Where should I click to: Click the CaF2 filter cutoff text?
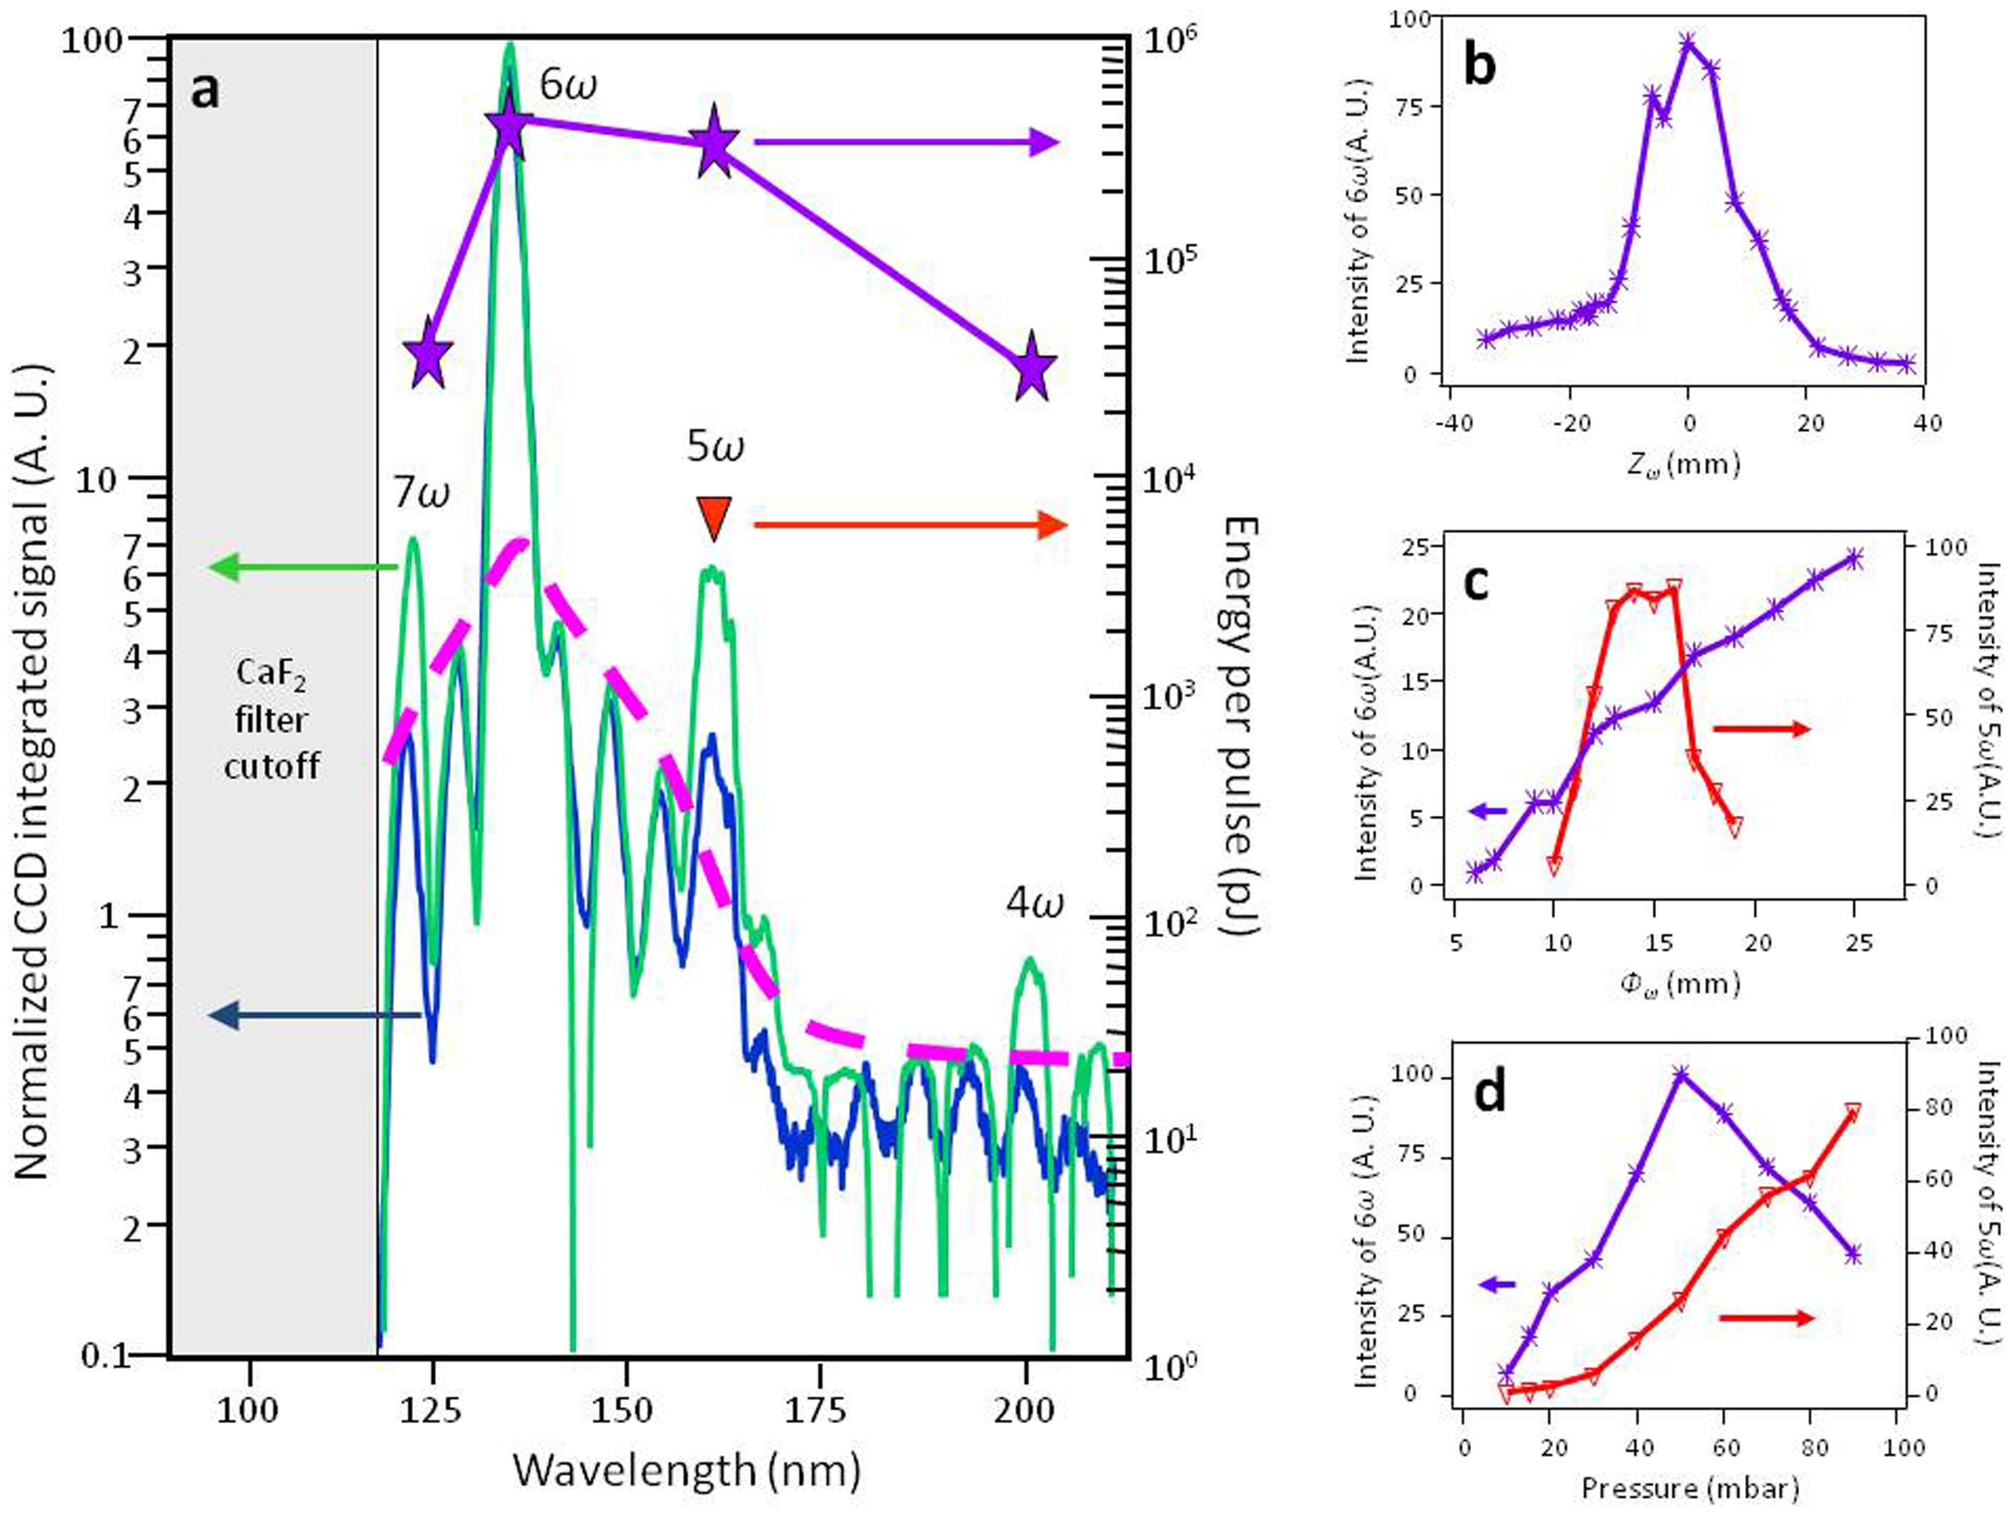[271, 719]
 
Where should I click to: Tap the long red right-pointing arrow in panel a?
[910, 525]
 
